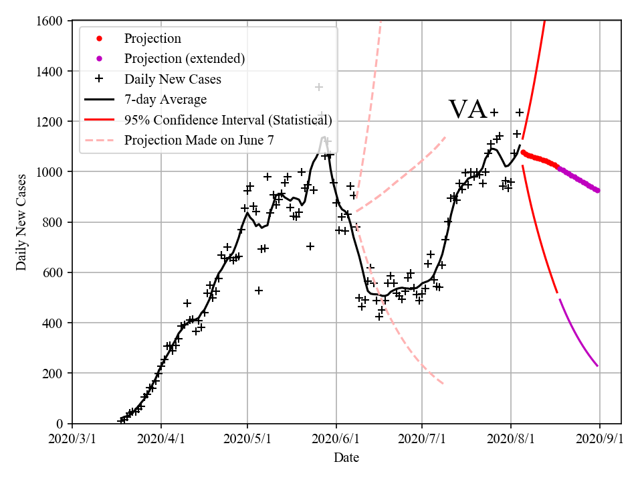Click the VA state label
pyautogui.click(x=467, y=110)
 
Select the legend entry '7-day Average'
pyautogui.click(x=165, y=100)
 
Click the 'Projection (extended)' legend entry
pyautogui.click(x=184, y=59)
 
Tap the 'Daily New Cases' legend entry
pyautogui.click(x=173, y=79)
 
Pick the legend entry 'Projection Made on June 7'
pyautogui.click(x=199, y=140)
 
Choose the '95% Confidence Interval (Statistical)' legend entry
pyautogui.click(x=227, y=120)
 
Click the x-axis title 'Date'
pyautogui.click(x=346, y=458)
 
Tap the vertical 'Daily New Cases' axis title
pyautogui.click(x=22, y=222)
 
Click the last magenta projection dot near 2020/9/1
pyautogui.click(x=598, y=190)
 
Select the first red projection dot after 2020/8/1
pyautogui.click(x=523, y=152)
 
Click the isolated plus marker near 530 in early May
pyautogui.click(x=259, y=291)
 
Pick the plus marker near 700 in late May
pyautogui.click(x=310, y=246)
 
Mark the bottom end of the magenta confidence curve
pyautogui.click(x=597, y=366)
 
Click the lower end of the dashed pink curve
pyautogui.click(x=443, y=384)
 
